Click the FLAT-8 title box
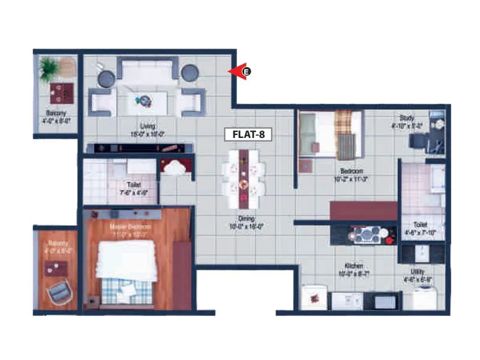point(248,134)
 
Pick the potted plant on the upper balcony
point(49,67)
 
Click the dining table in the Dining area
point(244,174)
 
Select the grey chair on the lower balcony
point(59,292)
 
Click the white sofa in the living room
point(147,73)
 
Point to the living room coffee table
point(146,102)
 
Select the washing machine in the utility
point(424,298)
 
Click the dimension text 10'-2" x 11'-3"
point(351,178)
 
